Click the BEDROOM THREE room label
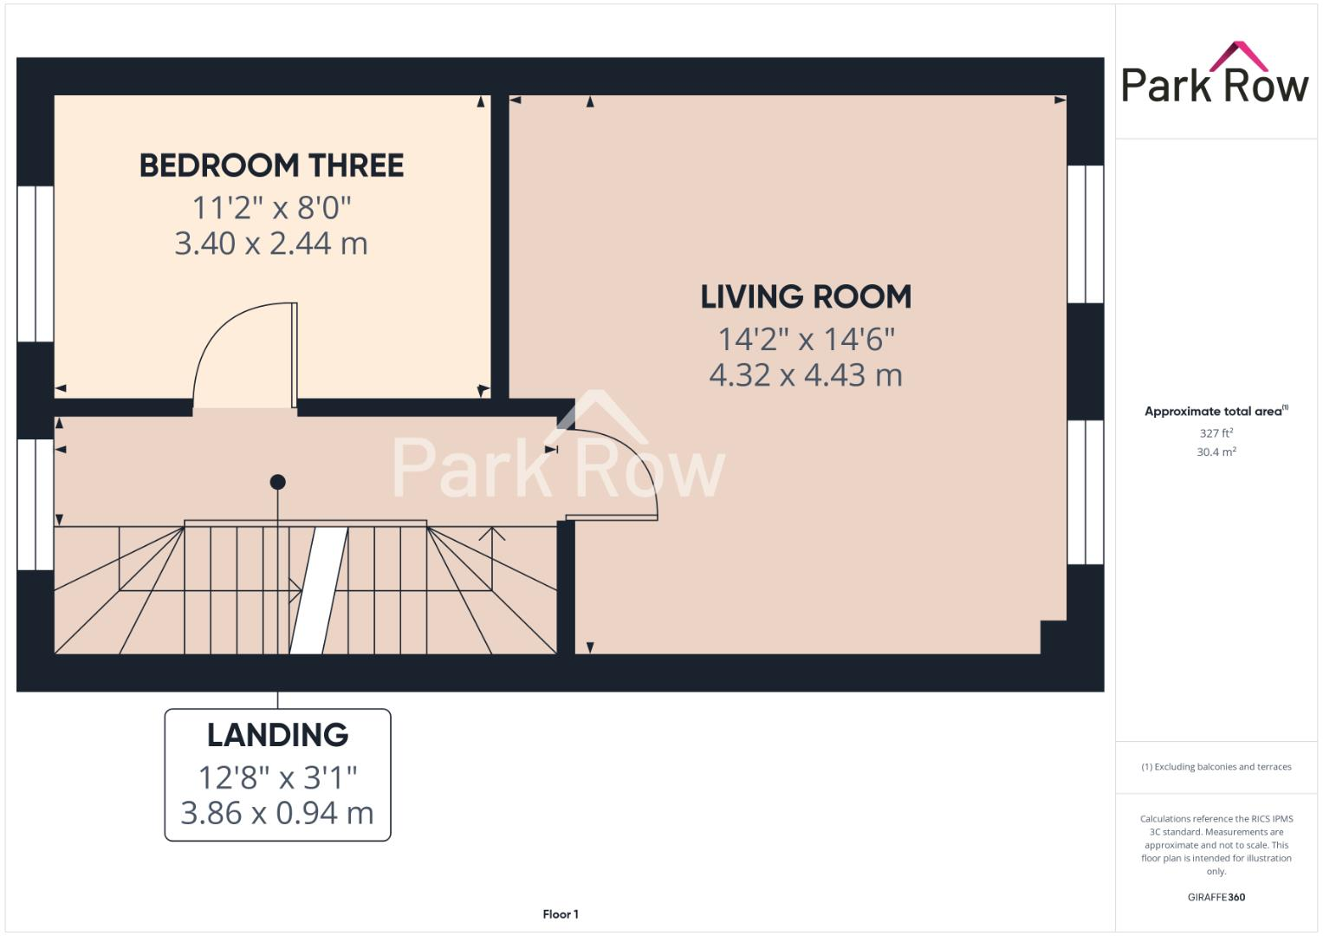271,166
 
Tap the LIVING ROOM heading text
806,297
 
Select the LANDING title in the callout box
277,735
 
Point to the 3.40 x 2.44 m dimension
271,244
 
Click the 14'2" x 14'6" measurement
806,339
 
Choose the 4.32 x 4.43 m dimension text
806,375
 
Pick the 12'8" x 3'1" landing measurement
277,777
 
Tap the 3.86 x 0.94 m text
277,813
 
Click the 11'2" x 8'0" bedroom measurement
271,208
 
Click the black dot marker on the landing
277,482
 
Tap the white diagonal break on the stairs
319,589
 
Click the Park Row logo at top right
1215,76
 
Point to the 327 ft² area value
1216,432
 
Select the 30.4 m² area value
1216,452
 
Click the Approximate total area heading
1215,412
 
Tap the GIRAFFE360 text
1216,897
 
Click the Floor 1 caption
561,914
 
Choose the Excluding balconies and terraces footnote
1216,767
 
